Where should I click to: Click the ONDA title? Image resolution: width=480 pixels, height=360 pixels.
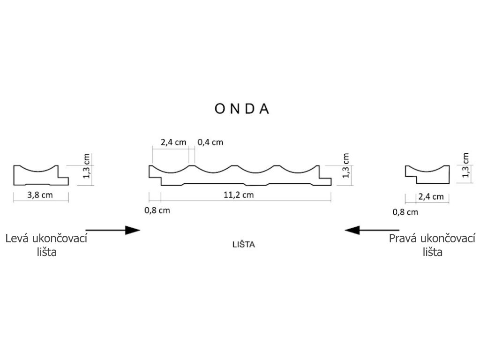pos(242,109)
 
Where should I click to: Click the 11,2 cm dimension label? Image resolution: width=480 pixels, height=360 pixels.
pos(242,195)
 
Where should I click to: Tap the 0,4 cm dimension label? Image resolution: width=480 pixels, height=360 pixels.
pos(211,142)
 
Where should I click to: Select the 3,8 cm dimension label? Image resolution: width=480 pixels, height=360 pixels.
pos(40,195)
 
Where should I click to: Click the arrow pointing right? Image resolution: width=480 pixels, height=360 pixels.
pos(113,230)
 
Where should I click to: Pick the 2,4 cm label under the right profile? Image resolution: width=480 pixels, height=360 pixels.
pos(431,197)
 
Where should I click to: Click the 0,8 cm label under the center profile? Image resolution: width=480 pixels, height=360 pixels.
pos(157,210)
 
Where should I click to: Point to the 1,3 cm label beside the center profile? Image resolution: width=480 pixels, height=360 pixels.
pos(346,166)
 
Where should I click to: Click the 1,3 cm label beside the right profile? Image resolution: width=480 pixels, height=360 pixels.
pos(465,165)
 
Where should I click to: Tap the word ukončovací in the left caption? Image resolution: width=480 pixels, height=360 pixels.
pos(61,239)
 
